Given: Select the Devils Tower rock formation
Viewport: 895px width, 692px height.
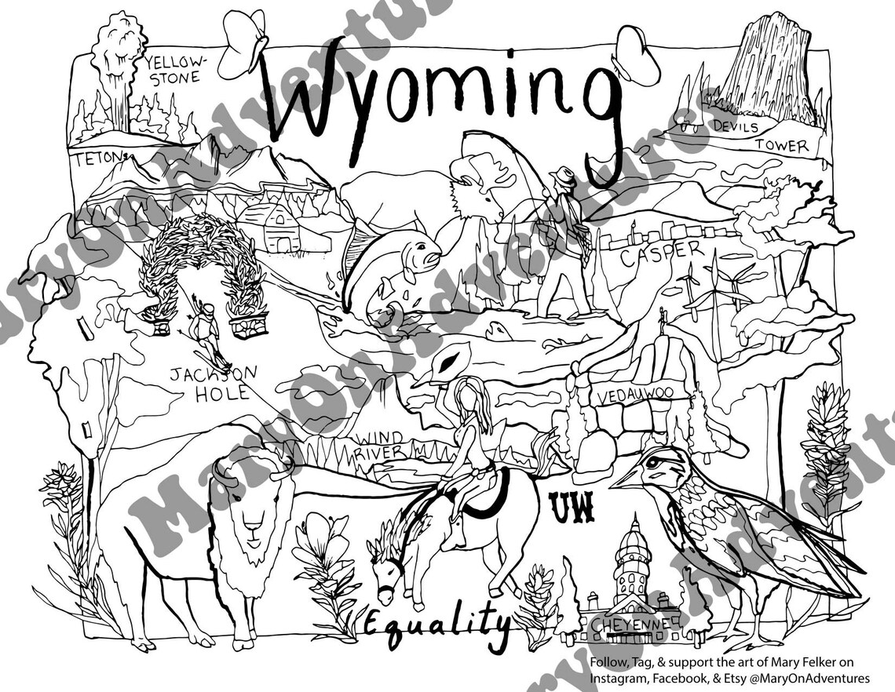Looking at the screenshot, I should coord(765,67).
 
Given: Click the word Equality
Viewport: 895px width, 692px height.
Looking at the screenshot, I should coord(436,624).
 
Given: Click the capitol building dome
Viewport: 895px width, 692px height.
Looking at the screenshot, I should coord(634,541).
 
